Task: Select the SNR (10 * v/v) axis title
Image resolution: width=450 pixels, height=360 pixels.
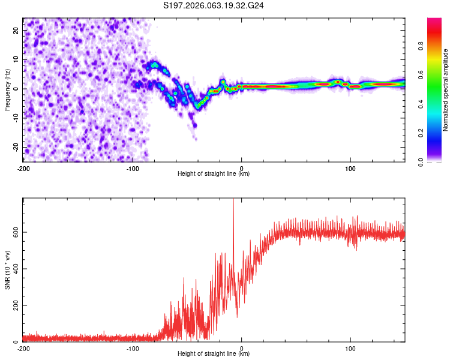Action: [7, 269]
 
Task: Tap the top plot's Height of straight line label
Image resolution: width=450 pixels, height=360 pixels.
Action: [214, 173]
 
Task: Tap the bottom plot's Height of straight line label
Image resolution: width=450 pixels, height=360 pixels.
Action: [214, 353]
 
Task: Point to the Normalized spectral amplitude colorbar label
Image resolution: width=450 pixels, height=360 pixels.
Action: [446, 90]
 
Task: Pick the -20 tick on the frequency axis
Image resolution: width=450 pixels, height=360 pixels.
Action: [14, 147]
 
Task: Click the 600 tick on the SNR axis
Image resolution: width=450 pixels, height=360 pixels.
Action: [13, 232]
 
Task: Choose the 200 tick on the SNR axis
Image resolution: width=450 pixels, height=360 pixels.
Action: [13, 305]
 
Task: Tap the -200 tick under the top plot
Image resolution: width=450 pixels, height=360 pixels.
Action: [23, 167]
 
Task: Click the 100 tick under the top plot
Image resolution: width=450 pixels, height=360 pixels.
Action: [350, 167]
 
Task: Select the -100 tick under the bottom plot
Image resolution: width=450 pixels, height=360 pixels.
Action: [132, 347]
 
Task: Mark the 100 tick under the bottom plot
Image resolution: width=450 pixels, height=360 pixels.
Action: [350, 347]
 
